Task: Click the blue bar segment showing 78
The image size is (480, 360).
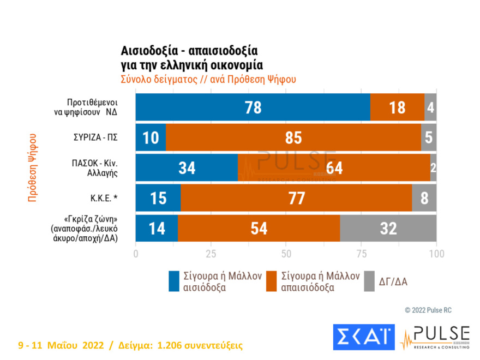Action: pos(253,107)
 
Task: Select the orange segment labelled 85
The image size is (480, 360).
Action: pos(293,137)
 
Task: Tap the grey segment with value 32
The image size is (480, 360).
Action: pos(388,228)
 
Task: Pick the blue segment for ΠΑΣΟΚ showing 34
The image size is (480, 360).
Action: pos(187,168)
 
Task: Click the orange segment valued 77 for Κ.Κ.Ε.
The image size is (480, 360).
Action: pos(296,198)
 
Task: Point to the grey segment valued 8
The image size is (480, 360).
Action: pos(424,198)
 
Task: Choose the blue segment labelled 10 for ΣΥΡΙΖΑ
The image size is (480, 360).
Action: pos(151,137)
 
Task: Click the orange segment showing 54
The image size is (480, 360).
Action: pos(259,228)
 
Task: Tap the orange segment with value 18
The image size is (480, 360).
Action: pos(397,107)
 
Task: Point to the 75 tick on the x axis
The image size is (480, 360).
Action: pos(361,254)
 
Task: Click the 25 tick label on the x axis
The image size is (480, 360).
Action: pos(211,254)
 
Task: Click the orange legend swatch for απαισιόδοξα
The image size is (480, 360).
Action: pos(271,281)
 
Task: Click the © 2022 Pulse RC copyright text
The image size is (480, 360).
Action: pos(428,310)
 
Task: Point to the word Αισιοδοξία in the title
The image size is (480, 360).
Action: pos(148,51)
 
